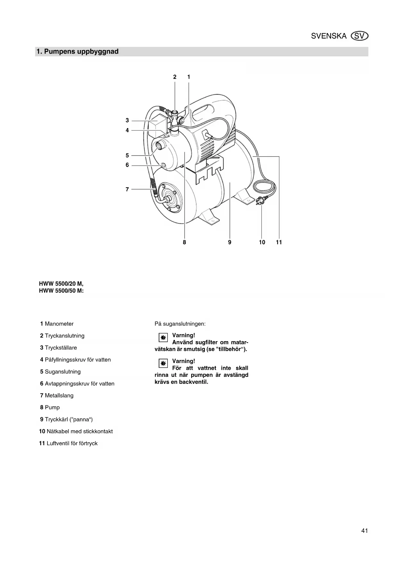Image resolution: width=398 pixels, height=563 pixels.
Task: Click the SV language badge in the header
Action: pos(360,36)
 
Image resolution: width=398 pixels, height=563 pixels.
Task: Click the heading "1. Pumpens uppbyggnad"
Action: pos(78,52)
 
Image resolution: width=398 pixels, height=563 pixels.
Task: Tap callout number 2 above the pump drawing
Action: pos(175,77)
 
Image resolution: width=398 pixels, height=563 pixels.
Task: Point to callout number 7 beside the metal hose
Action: pos(127,189)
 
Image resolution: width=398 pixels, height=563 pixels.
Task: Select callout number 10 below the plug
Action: pos(262,242)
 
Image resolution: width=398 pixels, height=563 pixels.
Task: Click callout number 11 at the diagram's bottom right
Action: pos(279,242)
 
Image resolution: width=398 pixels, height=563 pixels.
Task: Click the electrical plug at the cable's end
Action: pos(259,202)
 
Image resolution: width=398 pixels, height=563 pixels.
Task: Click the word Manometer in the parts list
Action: pos(59,324)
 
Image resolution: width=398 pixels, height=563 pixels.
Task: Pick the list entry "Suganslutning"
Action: pos(63,372)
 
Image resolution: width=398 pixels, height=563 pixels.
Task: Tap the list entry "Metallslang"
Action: pos(59,395)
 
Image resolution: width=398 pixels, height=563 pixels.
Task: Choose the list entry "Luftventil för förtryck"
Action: pos(72,443)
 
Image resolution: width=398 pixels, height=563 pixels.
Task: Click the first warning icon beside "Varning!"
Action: pos(163,338)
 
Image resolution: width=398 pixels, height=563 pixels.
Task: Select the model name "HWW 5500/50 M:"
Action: pos(61,291)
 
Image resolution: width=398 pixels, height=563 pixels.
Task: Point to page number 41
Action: pos(364,531)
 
